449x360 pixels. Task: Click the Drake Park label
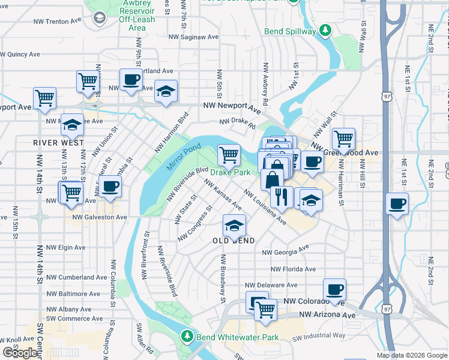(231, 172)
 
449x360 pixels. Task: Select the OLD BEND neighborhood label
(234, 241)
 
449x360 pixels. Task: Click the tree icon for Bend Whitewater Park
(188, 335)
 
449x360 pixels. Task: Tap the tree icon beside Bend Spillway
(325, 29)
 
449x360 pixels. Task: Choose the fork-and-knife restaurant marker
(282, 196)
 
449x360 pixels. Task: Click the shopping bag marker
(273, 178)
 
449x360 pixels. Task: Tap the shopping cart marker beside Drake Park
(229, 154)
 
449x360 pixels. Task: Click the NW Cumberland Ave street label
(77, 277)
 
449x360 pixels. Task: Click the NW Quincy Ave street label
(20, 54)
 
